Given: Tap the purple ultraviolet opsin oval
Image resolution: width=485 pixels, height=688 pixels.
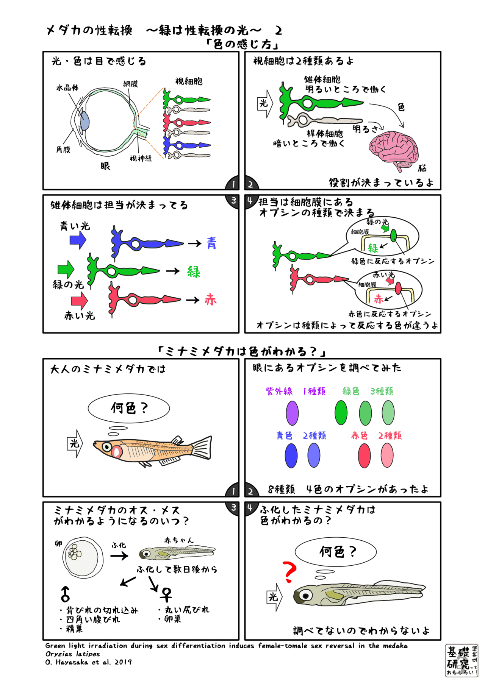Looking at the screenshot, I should point(292,413).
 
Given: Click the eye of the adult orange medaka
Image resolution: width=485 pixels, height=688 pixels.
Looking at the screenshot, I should point(107,446).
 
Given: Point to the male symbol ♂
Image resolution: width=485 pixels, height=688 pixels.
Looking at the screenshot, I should point(65,594).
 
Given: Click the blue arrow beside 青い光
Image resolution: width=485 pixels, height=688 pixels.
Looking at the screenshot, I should point(78,240).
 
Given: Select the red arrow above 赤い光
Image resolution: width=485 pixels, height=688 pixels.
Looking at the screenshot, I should point(79,301).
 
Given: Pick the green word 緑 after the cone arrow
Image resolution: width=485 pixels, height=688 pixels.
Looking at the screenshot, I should point(193,271).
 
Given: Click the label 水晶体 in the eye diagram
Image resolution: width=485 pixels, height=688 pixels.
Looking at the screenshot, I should point(67,88).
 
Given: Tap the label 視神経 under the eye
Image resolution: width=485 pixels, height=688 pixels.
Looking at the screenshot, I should point(141,159).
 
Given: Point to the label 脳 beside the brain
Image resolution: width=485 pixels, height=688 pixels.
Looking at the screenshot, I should point(422,168).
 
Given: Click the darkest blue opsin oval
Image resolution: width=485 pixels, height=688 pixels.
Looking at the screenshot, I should point(291,456).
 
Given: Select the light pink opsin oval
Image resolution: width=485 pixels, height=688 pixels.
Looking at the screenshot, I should point(387,456).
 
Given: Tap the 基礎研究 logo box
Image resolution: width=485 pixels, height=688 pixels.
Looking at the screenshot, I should point(461,660).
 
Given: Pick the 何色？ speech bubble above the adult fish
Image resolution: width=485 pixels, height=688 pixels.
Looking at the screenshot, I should point(128,408).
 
